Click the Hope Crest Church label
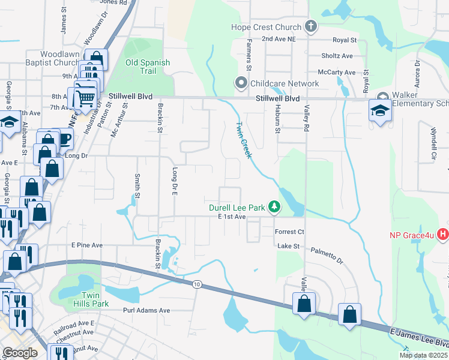[x=266, y=27]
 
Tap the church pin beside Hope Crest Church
[x=310, y=26]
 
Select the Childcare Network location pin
[x=242, y=83]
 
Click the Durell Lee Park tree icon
[x=274, y=207]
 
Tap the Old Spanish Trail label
[x=148, y=67]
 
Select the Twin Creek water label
[x=242, y=140]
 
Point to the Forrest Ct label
[x=290, y=232]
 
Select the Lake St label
[x=287, y=246]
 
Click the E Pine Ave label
[x=87, y=245]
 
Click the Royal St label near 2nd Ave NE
[x=345, y=40]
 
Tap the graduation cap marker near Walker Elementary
[x=379, y=112]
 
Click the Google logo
[x=20, y=353]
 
